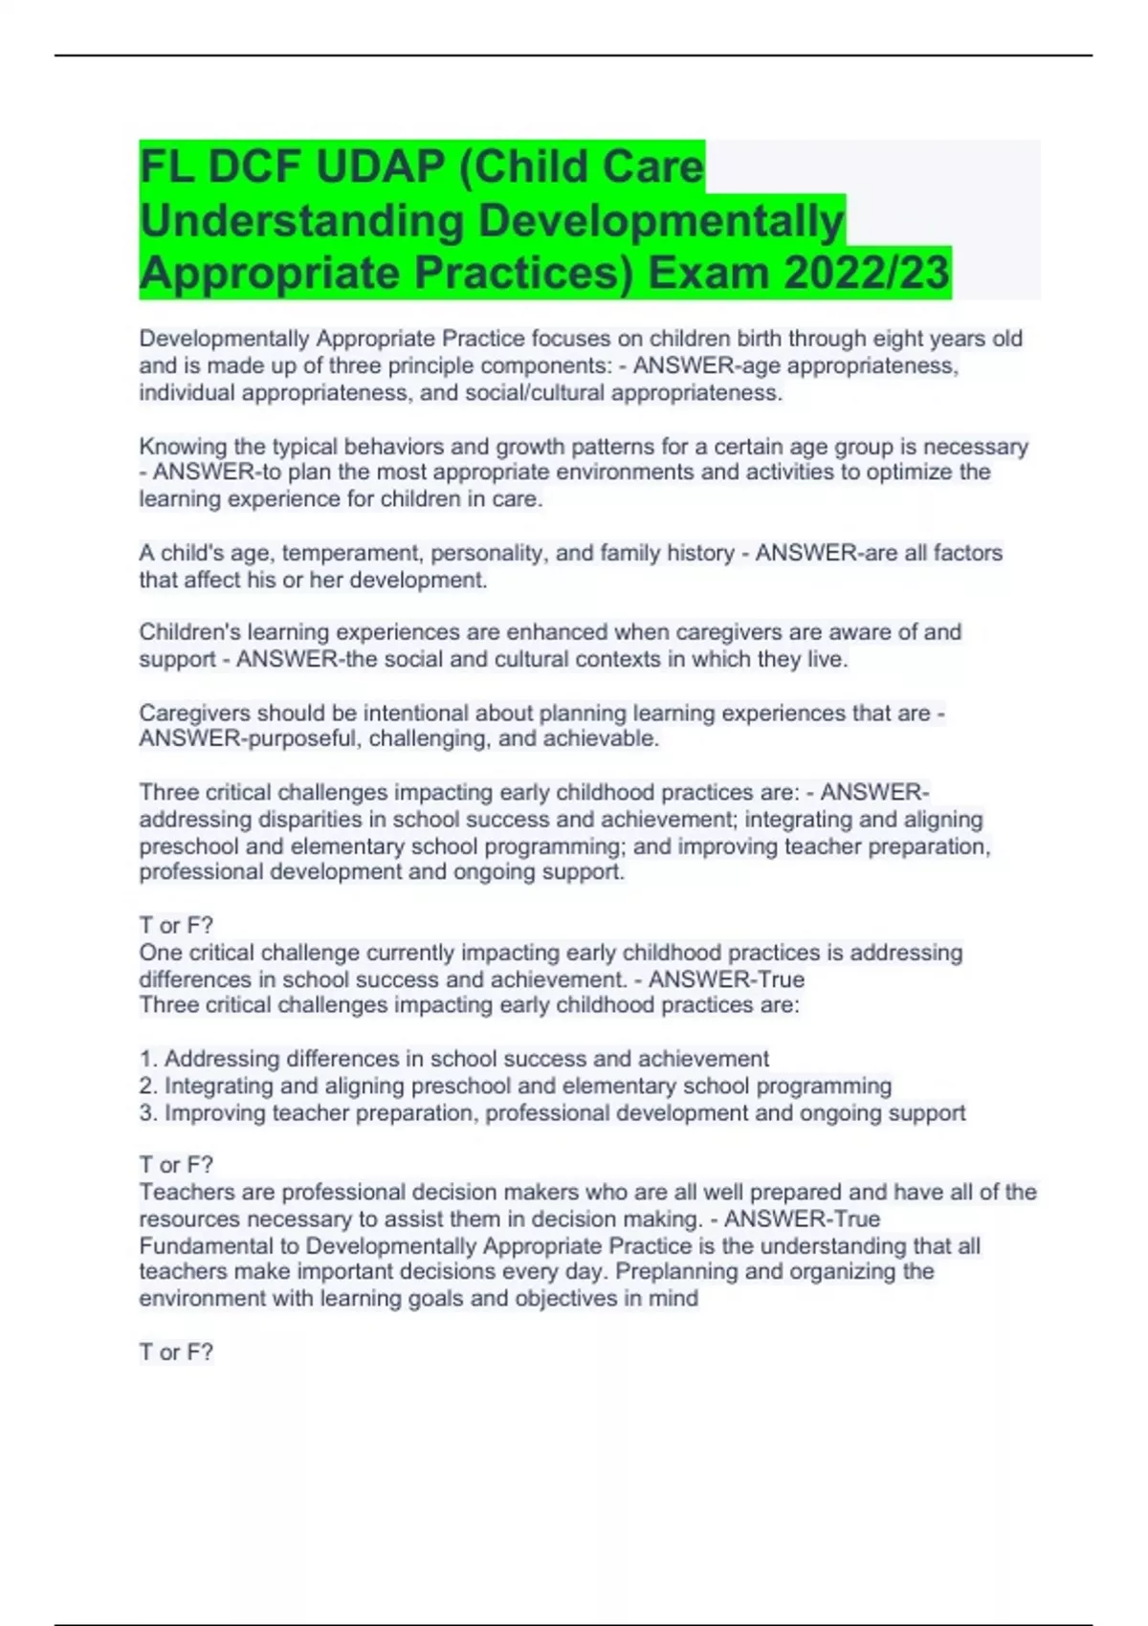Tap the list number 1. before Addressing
pos(148,1059)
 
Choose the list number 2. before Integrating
pos(148,1086)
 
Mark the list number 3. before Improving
pos(148,1113)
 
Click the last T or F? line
pos(176,1351)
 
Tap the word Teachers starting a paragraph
pos(181,1193)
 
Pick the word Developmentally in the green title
pos(660,220)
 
